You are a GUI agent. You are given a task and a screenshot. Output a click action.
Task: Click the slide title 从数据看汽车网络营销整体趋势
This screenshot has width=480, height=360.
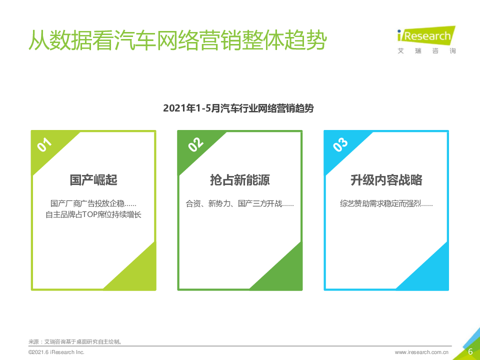178,40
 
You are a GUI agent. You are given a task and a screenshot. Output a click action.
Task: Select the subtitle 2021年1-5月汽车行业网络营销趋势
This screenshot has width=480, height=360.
238,108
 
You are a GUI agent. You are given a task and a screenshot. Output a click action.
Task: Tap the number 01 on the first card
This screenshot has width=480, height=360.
44,144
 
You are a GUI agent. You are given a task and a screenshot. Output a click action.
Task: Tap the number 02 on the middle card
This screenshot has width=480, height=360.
195,144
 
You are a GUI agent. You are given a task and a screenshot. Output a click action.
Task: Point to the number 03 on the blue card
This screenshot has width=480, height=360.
340,144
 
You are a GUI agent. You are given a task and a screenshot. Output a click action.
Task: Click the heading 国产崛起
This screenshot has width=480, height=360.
93,180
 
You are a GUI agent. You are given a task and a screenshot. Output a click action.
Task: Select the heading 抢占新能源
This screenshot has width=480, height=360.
239,180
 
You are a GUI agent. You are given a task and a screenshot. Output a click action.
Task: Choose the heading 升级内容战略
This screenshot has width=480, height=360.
386,180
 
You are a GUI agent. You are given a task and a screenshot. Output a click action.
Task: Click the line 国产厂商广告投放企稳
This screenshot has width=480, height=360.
88,203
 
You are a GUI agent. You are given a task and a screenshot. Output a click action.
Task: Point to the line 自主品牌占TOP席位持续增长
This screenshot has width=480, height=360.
93,214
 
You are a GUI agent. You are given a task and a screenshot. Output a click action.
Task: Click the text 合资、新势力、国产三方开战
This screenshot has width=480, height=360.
234,203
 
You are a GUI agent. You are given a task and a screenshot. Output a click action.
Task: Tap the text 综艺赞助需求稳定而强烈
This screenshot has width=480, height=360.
380,203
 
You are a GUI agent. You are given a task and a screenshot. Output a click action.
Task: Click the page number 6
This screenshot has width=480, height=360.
470,351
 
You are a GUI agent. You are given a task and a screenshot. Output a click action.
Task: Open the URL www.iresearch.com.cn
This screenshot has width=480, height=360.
421,352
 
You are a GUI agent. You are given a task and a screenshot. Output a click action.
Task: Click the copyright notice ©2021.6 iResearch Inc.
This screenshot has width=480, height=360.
56,352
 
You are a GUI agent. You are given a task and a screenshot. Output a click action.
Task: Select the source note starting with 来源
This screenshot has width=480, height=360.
75,341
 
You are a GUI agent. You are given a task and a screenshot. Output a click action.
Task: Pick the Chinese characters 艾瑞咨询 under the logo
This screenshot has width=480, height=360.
426,51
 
